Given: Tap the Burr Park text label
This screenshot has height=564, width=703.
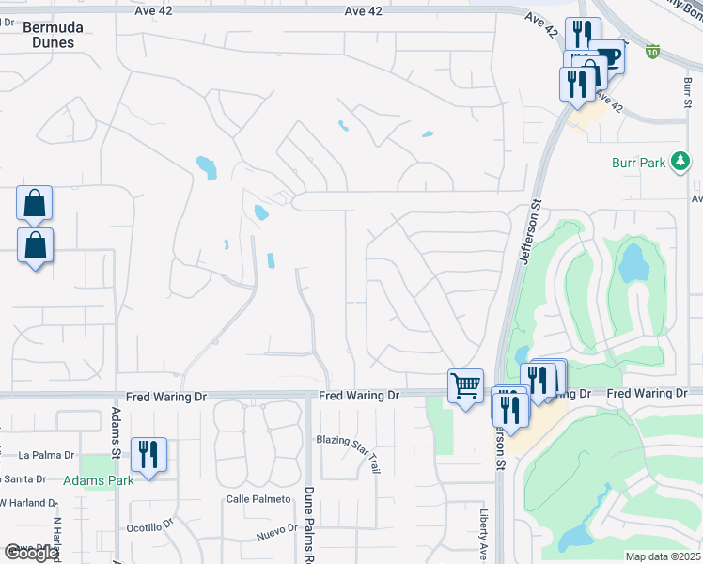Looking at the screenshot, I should (638, 163).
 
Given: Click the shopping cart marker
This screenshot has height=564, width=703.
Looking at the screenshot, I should (466, 385).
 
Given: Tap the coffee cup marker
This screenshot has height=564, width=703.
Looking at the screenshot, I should (608, 57).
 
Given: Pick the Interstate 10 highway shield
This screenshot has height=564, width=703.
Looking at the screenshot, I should (652, 52).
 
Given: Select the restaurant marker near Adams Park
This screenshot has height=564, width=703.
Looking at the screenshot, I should (148, 454).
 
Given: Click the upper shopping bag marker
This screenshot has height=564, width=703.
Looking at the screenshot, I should (34, 202).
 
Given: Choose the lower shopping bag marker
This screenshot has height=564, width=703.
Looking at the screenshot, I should (35, 245).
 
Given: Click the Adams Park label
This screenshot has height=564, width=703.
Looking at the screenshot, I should (98, 479).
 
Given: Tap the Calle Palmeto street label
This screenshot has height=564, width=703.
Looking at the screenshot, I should (256, 499).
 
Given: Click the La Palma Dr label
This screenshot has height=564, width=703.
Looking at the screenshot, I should (46, 456).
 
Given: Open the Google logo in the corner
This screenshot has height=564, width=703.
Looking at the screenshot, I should (30, 553).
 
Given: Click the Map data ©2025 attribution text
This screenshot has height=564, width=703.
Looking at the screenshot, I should (662, 556).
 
